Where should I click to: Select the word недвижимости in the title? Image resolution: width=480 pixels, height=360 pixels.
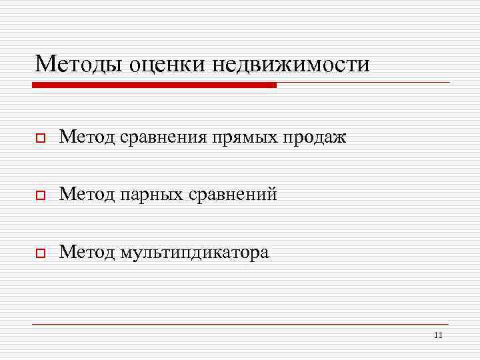pyautogui.click(x=291, y=64)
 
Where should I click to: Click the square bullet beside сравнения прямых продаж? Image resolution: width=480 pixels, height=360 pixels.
pyautogui.click(x=41, y=138)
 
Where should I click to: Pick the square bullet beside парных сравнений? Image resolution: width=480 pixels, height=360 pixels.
pyautogui.click(x=41, y=195)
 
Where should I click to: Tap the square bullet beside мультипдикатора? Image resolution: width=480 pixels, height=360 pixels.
pyautogui.click(x=41, y=253)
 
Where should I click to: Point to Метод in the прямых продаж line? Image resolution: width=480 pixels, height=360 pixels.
pyautogui.click(x=87, y=137)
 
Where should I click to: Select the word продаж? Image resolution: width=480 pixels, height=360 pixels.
pyautogui.click(x=317, y=138)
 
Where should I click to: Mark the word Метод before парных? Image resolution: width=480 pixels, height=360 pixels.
pyautogui.click(x=87, y=195)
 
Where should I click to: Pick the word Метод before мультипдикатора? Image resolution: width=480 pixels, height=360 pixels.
pyautogui.click(x=87, y=253)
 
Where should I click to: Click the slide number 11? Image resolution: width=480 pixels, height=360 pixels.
pyautogui.click(x=437, y=335)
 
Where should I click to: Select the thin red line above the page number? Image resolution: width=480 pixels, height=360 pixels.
pyautogui.click(x=240, y=324)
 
